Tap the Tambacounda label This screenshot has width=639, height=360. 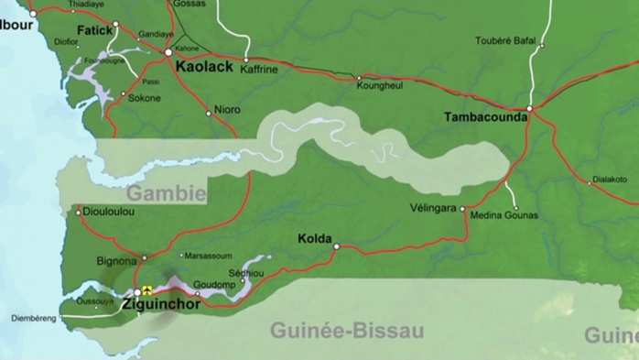(485, 117)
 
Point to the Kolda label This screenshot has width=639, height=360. (315, 239)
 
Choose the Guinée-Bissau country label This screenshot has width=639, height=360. (347, 331)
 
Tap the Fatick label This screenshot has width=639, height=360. (94, 30)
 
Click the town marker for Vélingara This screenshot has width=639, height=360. (463, 209)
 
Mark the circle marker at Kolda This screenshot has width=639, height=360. (336, 246)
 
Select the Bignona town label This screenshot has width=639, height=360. (116, 261)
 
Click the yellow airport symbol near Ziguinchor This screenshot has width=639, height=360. (146, 291)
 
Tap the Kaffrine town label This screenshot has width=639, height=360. (259, 70)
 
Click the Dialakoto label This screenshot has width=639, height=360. (610, 180)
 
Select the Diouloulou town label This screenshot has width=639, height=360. (109, 212)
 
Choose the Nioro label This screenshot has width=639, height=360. (227, 110)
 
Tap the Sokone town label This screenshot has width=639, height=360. (145, 98)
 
